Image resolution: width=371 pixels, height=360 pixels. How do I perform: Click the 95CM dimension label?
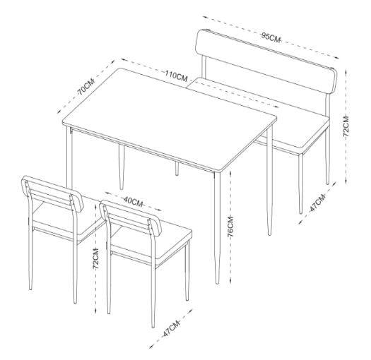(271, 37)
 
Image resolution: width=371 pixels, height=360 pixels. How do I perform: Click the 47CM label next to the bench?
(316, 205)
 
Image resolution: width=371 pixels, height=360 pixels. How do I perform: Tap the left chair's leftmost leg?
(29, 261)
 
